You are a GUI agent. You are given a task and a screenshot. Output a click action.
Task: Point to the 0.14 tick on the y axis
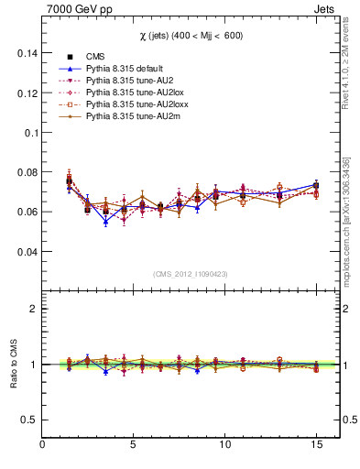point(25,53)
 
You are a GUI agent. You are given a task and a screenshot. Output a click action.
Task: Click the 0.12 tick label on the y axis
point(25,93)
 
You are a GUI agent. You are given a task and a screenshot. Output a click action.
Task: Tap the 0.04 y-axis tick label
point(25,251)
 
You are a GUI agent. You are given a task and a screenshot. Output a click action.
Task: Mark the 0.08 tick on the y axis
point(25,172)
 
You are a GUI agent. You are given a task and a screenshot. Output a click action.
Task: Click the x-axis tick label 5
point(134,445)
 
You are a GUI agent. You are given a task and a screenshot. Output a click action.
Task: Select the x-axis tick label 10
point(224,445)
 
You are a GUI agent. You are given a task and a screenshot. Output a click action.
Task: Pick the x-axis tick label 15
point(315,445)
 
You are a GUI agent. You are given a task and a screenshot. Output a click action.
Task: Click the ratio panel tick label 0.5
point(27,420)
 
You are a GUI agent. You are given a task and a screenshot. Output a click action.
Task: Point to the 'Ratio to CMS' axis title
point(13,364)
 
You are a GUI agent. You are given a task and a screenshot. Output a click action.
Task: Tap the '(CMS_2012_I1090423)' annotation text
point(191,274)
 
